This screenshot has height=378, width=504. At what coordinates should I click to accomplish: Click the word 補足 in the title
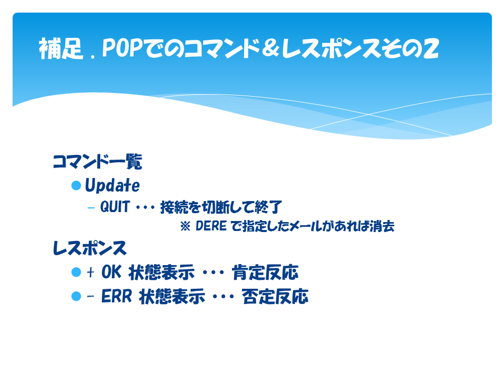61,48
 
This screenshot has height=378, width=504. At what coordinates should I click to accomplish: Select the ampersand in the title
270,48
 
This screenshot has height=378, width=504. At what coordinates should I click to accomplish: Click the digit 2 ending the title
430,48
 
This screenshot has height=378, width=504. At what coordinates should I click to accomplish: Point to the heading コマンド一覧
98,161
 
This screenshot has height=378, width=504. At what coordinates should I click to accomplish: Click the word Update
112,185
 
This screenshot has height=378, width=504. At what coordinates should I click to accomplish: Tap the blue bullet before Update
76,185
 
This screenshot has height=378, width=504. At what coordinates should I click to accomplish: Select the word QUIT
115,207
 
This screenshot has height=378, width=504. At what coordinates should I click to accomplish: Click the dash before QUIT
91,208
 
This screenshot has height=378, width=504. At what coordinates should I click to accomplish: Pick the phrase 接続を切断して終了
221,207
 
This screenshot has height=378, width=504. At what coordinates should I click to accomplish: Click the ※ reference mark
185,226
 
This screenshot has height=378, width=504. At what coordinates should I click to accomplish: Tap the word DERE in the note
211,226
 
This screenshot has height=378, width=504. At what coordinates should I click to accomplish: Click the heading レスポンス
90,248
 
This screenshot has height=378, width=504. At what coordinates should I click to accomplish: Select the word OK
111,272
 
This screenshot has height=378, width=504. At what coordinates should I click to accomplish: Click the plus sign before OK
90,272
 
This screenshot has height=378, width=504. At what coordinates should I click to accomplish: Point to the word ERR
117,296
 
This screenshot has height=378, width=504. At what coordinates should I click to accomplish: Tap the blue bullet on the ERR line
76,296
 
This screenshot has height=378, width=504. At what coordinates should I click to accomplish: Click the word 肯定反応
265,272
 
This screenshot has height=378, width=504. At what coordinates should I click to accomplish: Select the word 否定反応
276,296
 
